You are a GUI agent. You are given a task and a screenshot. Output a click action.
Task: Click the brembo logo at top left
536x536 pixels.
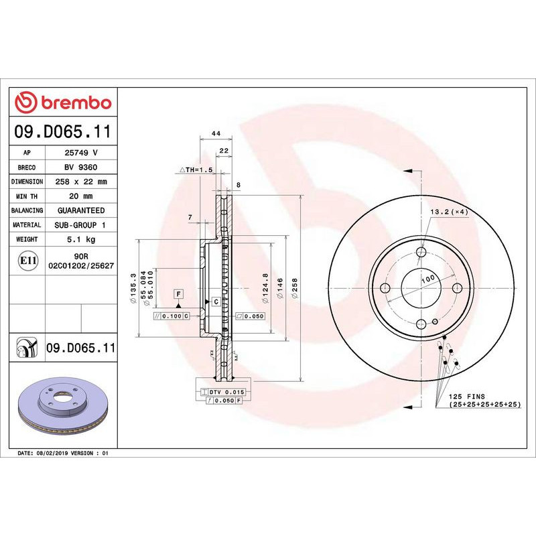63,103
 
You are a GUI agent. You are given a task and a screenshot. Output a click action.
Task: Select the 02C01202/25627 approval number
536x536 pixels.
80,266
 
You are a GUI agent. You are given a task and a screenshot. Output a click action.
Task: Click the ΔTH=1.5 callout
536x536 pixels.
195,171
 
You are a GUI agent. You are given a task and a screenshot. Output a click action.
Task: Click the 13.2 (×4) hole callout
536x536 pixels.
448,212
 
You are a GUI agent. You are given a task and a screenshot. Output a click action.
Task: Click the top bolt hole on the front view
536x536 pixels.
421,252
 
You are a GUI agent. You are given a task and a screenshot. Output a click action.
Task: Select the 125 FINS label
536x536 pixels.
467,397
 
